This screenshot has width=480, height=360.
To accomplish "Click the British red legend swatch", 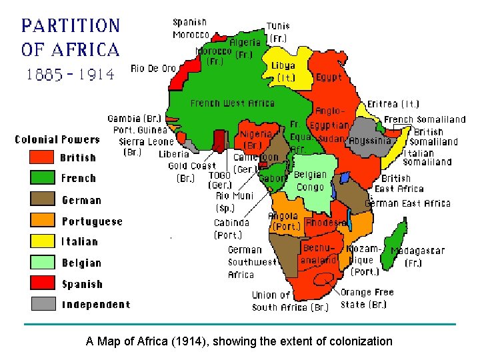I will [x=41, y=157].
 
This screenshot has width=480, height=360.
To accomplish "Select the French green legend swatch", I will [x=41, y=178].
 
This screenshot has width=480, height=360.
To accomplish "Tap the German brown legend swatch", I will [x=41, y=199].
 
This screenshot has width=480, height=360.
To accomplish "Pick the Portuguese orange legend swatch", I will [x=41, y=220].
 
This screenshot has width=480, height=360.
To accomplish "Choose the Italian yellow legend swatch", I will [x=41, y=241].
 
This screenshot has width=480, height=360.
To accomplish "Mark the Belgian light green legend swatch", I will [x=41, y=262].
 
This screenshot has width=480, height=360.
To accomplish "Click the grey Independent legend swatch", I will [x=41, y=304].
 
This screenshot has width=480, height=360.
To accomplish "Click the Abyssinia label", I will [x=370, y=141].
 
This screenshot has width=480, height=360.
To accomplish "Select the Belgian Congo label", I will [x=310, y=181].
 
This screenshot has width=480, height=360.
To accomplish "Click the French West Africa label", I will [x=232, y=103].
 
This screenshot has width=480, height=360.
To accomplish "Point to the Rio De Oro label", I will [x=153, y=68].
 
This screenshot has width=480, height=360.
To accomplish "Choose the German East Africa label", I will [x=408, y=203].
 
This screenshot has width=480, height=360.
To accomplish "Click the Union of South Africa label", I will [x=291, y=301].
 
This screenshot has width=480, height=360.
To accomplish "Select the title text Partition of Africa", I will [x=71, y=37].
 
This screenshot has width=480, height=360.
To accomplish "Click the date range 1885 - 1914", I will [x=70, y=75].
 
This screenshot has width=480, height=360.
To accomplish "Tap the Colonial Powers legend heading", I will [x=57, y=139].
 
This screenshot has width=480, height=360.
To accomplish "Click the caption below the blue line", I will [x=239, y=341].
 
